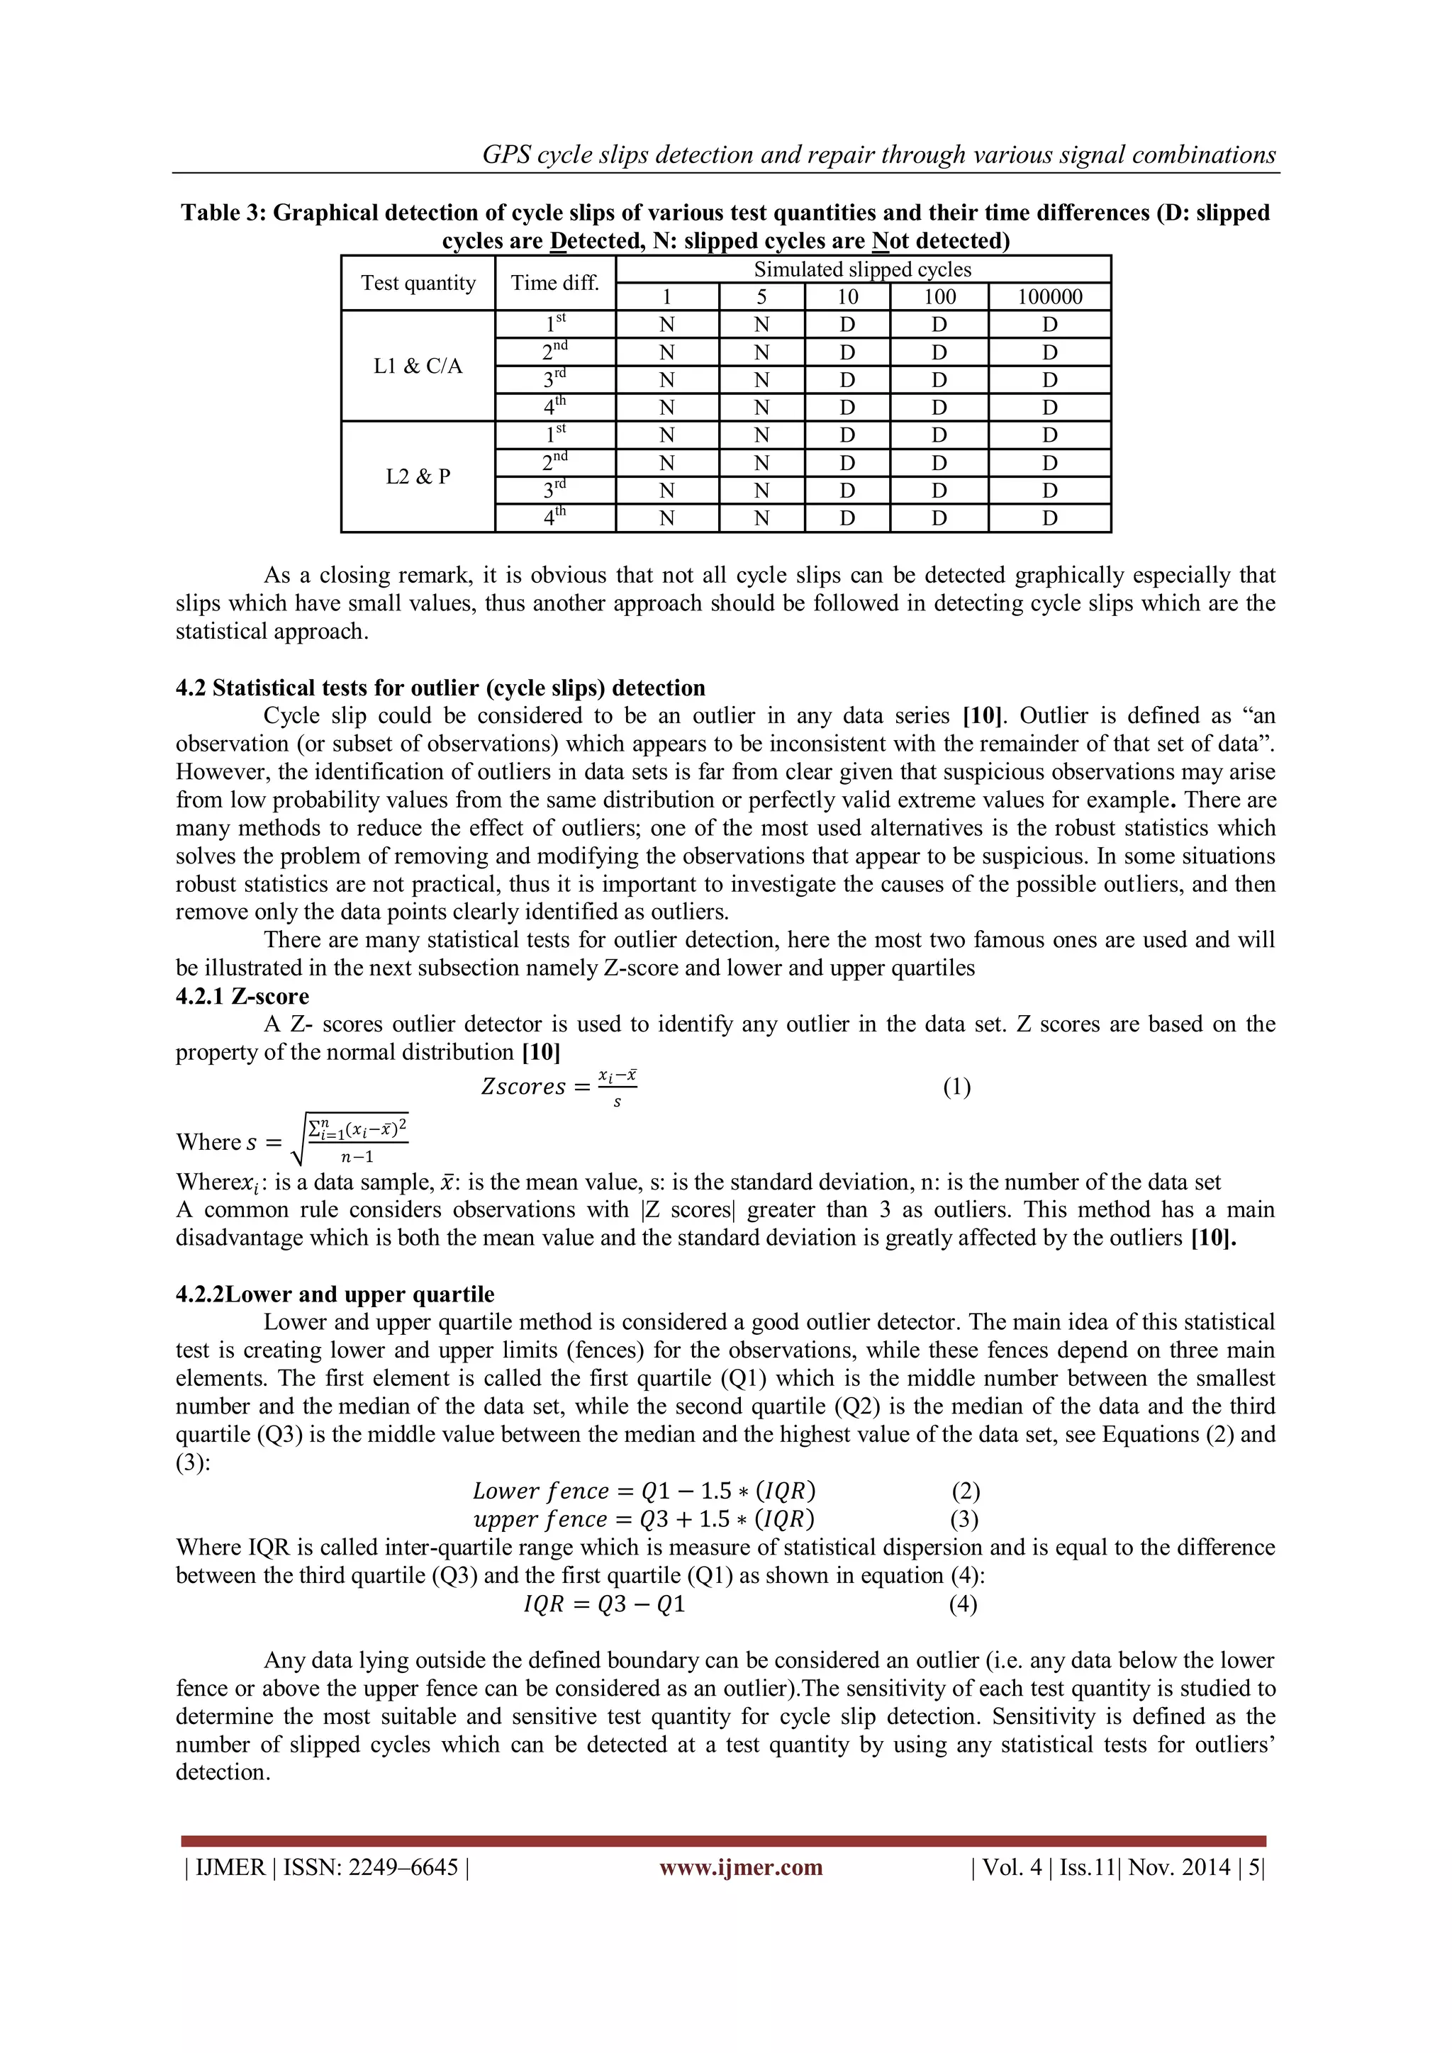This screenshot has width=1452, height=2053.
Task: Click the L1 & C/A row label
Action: [x=418, y=366]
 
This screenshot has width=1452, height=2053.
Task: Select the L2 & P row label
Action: [x=418, y=476]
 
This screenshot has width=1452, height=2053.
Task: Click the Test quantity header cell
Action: [x=418, y=283]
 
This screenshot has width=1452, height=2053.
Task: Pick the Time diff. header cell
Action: [x=554, y=283]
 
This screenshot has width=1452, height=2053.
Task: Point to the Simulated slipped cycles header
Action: [x=862, y=269]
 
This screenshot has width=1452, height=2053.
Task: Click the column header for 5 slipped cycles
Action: [x=761, y=297]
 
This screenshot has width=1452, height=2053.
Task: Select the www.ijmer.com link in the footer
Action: [x=740, y=1867]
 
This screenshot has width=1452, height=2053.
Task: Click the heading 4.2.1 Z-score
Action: [x=242, y=996]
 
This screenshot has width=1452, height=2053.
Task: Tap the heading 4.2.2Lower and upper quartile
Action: [x=335, y=1294]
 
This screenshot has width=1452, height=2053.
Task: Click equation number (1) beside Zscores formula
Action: [x=956, y=1087]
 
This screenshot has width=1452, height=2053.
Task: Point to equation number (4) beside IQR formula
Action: [x=962, y=1604]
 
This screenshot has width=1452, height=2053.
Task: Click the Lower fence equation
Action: [x=644, y=1491]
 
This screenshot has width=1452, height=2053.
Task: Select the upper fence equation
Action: [x=644, y=1519]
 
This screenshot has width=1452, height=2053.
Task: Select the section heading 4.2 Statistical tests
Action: [x=440, y=688]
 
